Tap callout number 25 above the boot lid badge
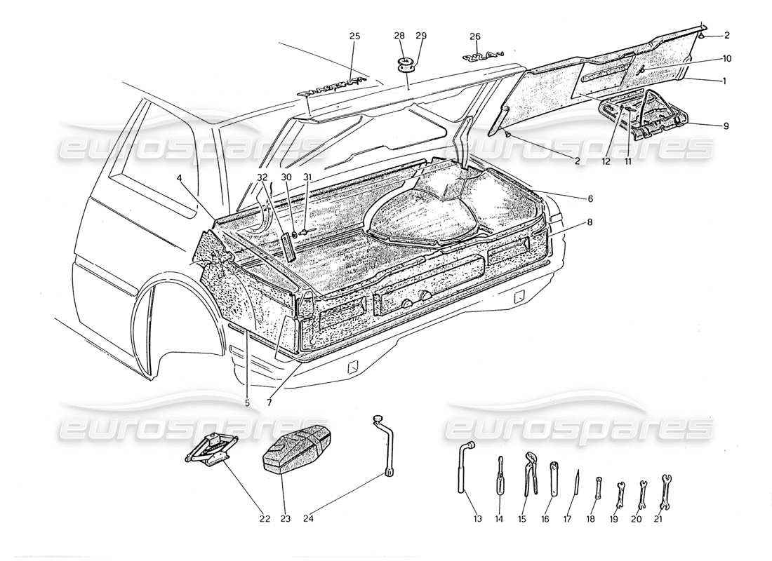(354, 36)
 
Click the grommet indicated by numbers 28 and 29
(406, 66)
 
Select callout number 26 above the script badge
(475, 36)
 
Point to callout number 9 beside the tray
(726, 126)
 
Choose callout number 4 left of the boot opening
(180, 178)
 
